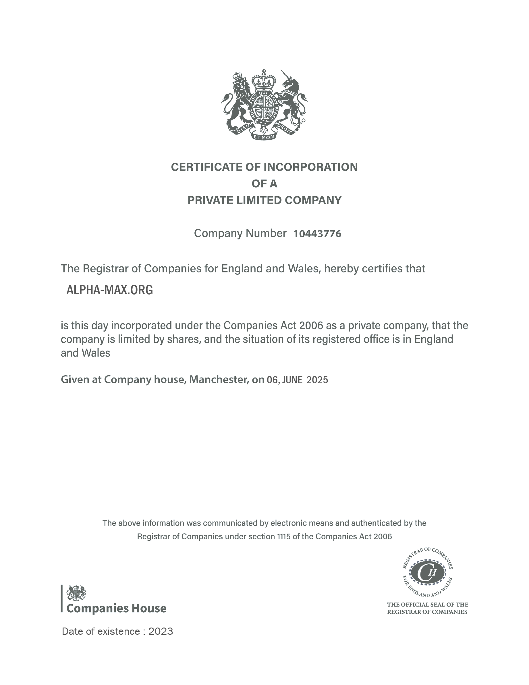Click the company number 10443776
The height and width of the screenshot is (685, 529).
point(317,234)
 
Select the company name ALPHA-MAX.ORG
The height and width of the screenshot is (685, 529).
point(109,290)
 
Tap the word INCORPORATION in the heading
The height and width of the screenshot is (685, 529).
point(310,167)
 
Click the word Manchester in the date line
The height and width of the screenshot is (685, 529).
point(218,380)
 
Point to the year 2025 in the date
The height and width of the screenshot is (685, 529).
point(317,380)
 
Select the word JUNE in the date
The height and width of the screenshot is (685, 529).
point(292,380)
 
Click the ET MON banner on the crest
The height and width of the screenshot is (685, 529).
point(264,137)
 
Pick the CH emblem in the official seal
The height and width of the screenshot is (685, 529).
point(427,572)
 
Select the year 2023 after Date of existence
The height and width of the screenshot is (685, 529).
point(161,631)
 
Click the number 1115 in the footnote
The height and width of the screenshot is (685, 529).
point(284,537)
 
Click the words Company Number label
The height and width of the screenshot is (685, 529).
point(240,233)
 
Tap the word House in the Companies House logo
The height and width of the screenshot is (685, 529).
point(149,609)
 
